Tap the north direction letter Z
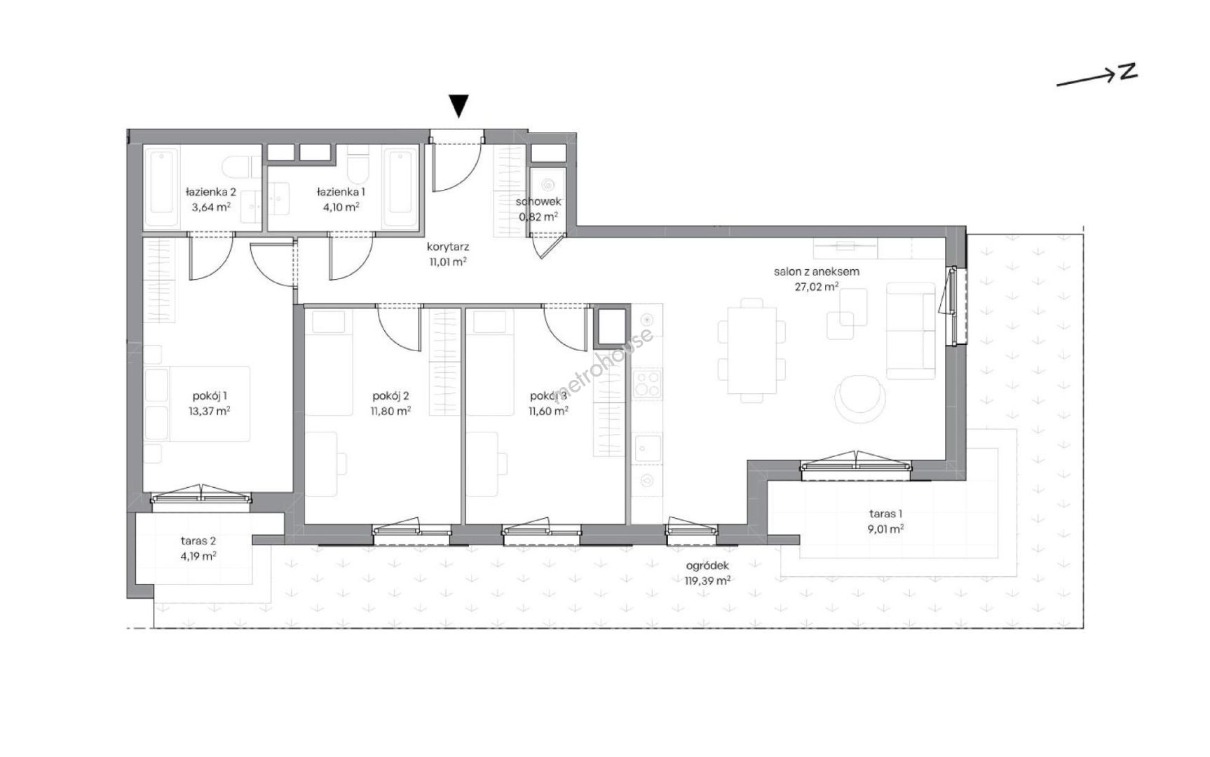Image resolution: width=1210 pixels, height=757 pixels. coord(1127,71)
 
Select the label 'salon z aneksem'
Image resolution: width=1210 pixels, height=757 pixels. coord(816,271)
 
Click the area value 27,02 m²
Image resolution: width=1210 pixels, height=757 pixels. coord(816,286)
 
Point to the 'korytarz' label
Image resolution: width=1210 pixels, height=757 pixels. coord(448,247)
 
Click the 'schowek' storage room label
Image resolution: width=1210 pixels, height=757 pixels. coord(538,202)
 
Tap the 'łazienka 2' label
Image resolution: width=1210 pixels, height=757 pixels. coord(210,191)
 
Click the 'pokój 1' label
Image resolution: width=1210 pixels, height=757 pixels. coord(210,396)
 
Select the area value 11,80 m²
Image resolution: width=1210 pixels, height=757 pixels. coord(391,411)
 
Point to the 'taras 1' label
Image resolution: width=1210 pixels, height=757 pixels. coord(885,514)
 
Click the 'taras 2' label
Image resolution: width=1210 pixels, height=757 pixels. coord(198,540)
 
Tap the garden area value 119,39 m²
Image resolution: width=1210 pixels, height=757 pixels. coord(707,580)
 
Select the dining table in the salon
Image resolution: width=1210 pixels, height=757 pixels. coord(752,350)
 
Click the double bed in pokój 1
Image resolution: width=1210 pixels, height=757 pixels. coord(198,404)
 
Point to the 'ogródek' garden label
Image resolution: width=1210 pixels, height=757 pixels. coord(707,566)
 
